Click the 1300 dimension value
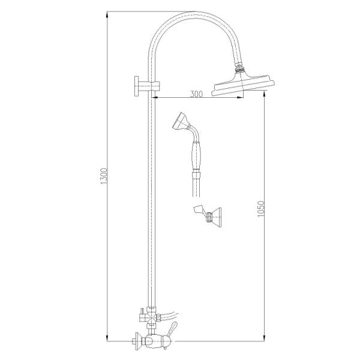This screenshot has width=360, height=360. click(104, 176)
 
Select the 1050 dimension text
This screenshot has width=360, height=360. click(261, 209)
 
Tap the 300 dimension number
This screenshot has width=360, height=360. click(196, 94)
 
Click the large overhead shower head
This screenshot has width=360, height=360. click(243, 84)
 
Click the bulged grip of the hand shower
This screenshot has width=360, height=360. click(196, 155)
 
